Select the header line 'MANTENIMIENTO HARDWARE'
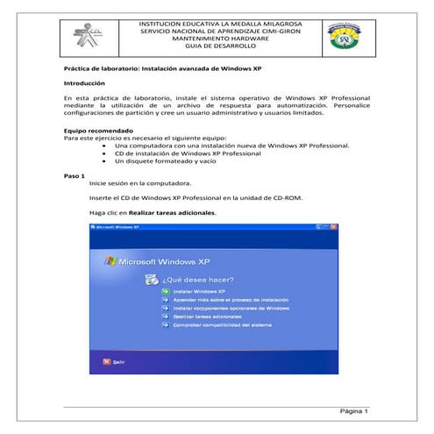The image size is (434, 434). point(220,39)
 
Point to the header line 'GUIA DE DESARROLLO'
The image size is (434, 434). point(220,48)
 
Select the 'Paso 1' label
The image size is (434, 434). point(75,175)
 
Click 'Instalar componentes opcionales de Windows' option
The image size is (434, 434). point(231,308)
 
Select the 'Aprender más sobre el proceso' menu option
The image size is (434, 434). point(230,299)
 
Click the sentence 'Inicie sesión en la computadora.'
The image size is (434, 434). point(139,184)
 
